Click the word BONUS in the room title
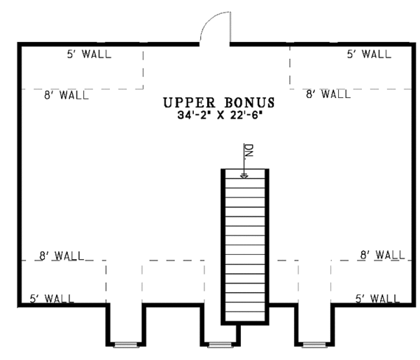point(246,103)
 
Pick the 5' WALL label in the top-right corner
point(368,54)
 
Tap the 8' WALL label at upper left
point(66,95)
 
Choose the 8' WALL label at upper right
point(328,94)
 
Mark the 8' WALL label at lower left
point(62,256)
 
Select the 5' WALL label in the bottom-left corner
point(53,299)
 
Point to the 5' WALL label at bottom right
point(377,299)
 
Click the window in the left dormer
point(126,345)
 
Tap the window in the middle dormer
point(220,345)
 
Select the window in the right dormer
point(314,345)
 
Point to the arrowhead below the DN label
point(244,176)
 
